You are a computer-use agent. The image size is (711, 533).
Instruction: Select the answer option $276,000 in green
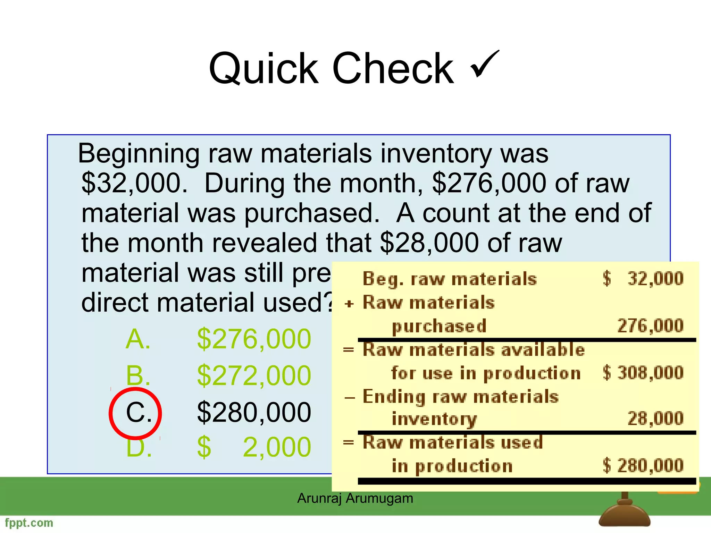click(254, 339)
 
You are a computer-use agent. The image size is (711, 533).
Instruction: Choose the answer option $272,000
click(254, 375)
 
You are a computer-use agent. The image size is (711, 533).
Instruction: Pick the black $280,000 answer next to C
click(254, 412)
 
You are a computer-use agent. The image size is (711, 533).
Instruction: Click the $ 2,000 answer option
click(254, 447)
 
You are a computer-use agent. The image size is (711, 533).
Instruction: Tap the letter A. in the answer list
click(138, 339)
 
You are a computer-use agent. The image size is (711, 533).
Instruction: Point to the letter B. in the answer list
click(138, 375)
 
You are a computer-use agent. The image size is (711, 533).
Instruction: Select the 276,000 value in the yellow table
click(650, 326)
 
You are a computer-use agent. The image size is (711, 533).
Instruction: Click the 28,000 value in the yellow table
click(655, 418)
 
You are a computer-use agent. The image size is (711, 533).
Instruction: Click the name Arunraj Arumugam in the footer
click(355, 498)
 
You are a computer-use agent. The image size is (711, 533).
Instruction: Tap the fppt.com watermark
click(29, 523)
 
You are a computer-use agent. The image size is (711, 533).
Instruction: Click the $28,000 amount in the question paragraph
click(429, 243)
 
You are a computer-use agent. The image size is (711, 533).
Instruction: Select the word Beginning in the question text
click(139, 153)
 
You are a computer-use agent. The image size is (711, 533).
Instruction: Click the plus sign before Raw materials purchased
click(349, 304)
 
